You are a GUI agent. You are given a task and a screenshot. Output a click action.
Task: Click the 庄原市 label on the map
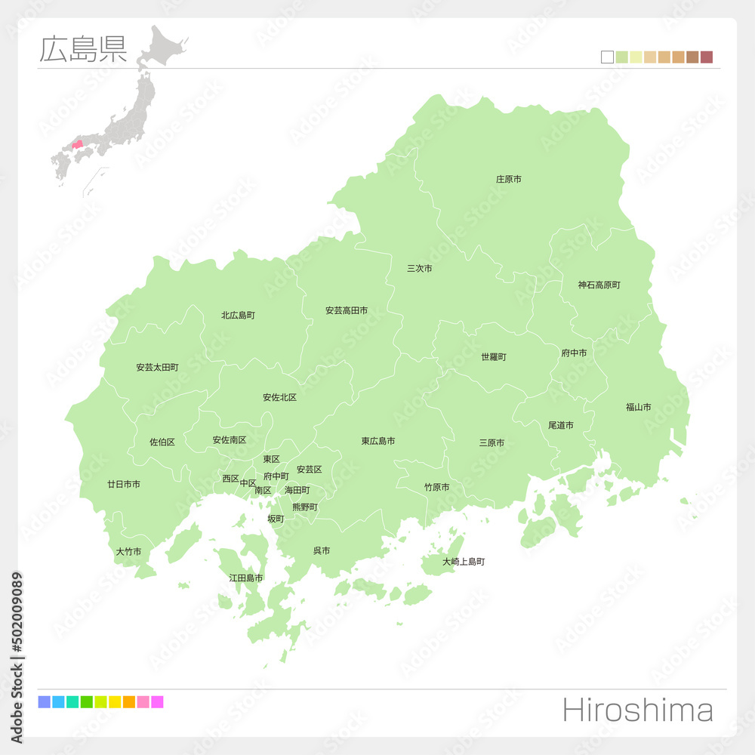tap(508, 179)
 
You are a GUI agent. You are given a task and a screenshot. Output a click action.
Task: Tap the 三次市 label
tap(420, 268)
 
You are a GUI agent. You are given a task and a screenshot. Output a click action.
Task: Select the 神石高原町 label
tap(599, 285)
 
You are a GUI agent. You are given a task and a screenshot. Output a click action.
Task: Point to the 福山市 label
tap(638, 407)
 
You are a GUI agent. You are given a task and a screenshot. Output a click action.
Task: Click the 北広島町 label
tap(238, 315)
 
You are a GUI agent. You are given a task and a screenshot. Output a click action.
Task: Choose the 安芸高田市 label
tap(347, 310)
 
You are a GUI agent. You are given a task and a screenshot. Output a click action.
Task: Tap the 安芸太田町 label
tap(157, 367)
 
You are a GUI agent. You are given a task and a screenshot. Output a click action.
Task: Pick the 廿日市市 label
tap(123, 484)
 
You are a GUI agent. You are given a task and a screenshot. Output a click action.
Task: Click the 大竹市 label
tap(128, 551)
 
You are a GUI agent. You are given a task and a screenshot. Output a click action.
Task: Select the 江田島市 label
tap(246, 578)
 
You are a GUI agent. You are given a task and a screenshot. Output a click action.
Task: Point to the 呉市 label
tap(322, 550)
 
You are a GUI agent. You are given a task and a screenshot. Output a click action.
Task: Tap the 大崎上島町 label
tap(464, 562)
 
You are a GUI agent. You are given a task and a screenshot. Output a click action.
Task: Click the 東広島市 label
tap(377, 441)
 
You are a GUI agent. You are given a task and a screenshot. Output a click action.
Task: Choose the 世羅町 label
tap(494, 356)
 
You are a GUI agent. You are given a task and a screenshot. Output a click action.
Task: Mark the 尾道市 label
tap(560, 425)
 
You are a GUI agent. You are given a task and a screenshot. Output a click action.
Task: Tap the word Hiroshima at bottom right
tap(637, 710)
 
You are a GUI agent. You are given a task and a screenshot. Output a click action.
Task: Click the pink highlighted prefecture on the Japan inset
tap(78, 143)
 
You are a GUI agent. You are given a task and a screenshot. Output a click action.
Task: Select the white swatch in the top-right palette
tap(607, 57)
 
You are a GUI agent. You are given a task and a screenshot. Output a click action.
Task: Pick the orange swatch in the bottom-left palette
tap(128, 702)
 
